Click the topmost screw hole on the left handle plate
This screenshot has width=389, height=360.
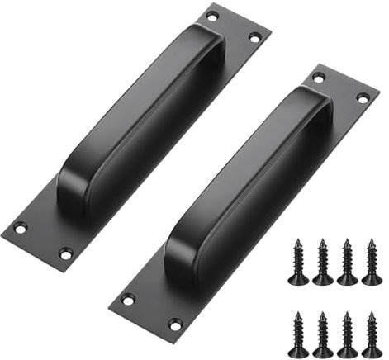[211, 16]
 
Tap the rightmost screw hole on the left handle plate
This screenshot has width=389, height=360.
[254, 37]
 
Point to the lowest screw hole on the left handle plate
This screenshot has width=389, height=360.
[66, 252]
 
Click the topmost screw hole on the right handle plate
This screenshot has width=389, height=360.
[319, 78]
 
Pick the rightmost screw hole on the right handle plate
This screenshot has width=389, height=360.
[362, 97]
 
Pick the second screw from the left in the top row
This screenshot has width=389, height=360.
[324, 262]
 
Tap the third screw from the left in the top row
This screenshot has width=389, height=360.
[347, 262]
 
